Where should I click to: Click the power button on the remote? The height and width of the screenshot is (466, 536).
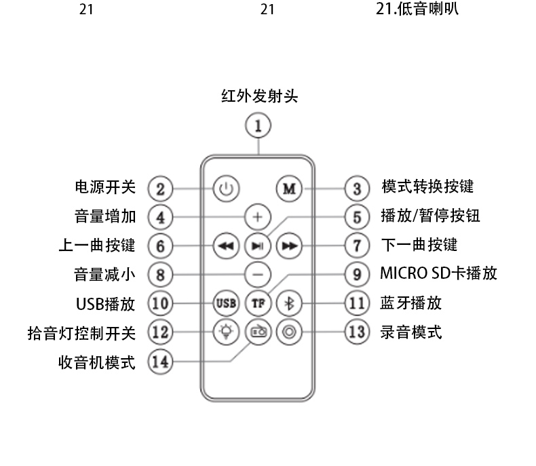click(226, 188)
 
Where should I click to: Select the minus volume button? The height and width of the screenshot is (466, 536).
click(258, 274)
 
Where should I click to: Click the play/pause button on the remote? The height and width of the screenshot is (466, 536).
click(258, 246)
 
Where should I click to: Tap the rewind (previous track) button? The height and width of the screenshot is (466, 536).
click(226, 246)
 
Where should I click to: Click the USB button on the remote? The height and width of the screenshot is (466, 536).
click(226, 303)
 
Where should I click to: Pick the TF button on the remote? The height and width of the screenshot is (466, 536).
click(258, 303)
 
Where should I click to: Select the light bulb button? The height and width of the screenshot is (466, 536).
click(226, 332)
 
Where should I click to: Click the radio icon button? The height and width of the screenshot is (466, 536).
click(258, 332)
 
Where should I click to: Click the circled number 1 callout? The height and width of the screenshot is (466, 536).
click(258, 126)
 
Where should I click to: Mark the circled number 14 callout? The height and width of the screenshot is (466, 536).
click(160, 362)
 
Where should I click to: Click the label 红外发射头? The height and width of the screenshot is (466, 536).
click(259, 96)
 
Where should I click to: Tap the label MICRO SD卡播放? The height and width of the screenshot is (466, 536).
click(438, 274)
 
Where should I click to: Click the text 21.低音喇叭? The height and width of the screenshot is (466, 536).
click(417, 9)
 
